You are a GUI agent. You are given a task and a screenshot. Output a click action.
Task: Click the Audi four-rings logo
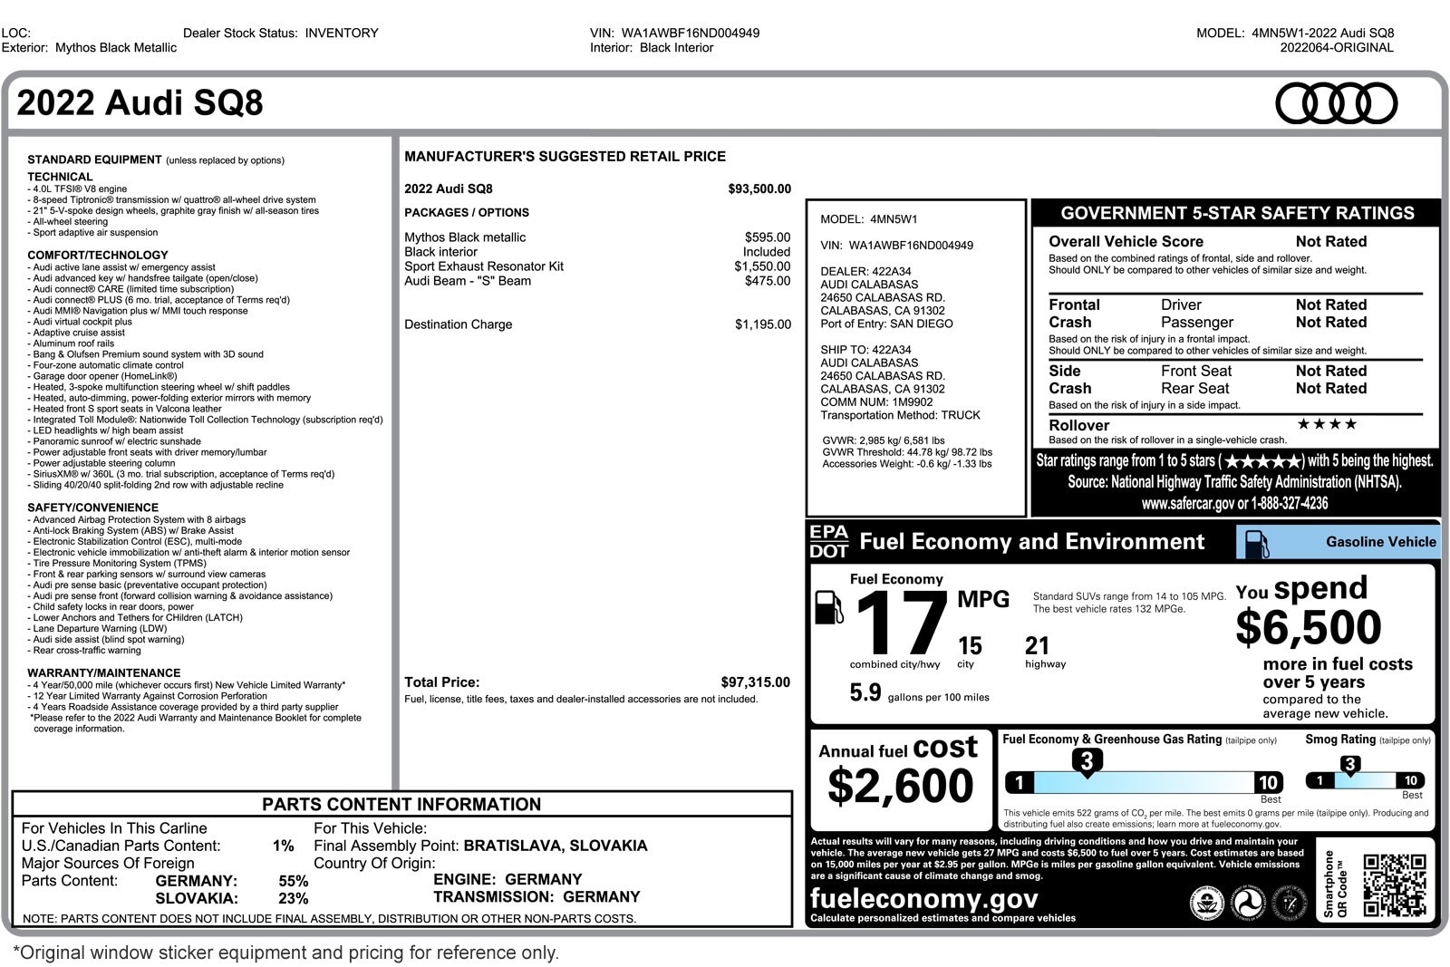coord(1336,103)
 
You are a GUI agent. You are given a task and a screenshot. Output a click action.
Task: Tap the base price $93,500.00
coord(759,189)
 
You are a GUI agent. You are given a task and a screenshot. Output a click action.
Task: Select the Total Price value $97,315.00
coord(755,682)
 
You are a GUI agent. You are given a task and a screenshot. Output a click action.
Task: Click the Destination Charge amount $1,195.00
coord(762,324)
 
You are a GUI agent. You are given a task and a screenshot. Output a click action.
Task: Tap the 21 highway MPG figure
coord(1037,646)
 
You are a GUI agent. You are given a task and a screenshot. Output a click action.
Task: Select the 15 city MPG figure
coord(969,646)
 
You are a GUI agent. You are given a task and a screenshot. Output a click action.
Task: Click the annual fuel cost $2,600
coord(900,786)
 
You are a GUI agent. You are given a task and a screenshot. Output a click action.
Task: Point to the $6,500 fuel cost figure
coord(1308,627)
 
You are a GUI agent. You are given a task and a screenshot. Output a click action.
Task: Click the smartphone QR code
coord(1394,885)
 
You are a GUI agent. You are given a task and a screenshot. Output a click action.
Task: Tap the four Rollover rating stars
coord(1326,424)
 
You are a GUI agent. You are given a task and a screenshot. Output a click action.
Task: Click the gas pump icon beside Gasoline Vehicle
coord(1256,543)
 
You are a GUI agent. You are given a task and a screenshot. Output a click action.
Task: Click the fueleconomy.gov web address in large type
coord(923,898)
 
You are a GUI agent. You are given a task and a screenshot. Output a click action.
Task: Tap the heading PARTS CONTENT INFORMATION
coord(401,805)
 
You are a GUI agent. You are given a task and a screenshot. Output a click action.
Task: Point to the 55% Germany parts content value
coord(293,881)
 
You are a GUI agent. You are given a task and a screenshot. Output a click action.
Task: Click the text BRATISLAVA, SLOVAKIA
coord(555,846)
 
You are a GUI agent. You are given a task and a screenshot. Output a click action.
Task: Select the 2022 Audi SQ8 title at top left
coord(140,103)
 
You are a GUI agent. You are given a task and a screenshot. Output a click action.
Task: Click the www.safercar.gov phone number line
coord(1234,504)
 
